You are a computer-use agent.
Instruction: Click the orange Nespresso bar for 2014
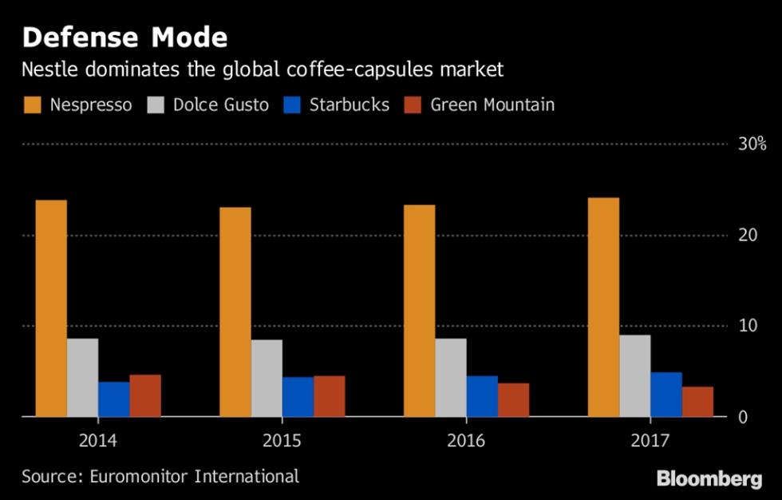[51, 308]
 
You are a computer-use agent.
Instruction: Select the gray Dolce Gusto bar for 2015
[267, 378]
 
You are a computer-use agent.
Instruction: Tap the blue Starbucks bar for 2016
[482, 396]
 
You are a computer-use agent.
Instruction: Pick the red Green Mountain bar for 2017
[697, 401]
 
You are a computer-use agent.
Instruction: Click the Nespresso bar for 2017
[603, 307]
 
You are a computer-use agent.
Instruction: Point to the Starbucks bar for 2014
[114, 399]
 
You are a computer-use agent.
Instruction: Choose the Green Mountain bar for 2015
[330, 396]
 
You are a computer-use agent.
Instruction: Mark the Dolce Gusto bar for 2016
[451, 377]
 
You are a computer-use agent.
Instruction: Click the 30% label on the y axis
[751, 145]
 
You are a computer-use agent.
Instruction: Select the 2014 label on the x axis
[97, 440]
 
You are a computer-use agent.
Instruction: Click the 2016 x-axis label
[466, 440]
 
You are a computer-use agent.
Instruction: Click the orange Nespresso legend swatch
[31, 105]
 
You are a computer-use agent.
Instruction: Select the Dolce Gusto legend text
[221, 105]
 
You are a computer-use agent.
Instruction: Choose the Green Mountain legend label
[492, 105]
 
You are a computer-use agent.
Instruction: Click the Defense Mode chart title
[124, 38]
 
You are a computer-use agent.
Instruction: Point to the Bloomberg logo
[709, 479]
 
